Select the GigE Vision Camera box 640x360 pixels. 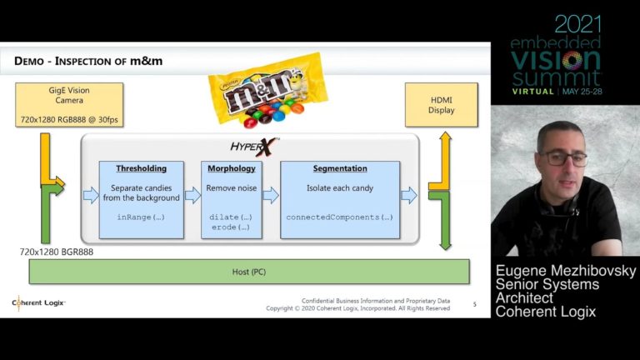click(x=69, y=104)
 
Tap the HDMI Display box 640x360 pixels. click(x=441, y=104)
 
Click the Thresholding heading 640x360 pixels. click(x=141, y=168)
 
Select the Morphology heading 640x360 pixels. click(x=231, y=168)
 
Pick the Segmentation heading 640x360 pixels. click(x=339, y=168)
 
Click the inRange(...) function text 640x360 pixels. click(x=141, y=217)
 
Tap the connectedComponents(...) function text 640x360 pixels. click(x=339, y=217)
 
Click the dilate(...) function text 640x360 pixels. click(x=231, y=217)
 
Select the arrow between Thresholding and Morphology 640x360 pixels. click(x=192, y=196)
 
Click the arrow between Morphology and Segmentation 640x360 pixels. click(x=270, y=196)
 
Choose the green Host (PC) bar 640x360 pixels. click(x=248, y=272)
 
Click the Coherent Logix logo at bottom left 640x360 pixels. click(x=38, y=302)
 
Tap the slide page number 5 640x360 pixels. click(x=474, y=304)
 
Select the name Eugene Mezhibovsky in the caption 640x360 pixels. click(x=565, y=272)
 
